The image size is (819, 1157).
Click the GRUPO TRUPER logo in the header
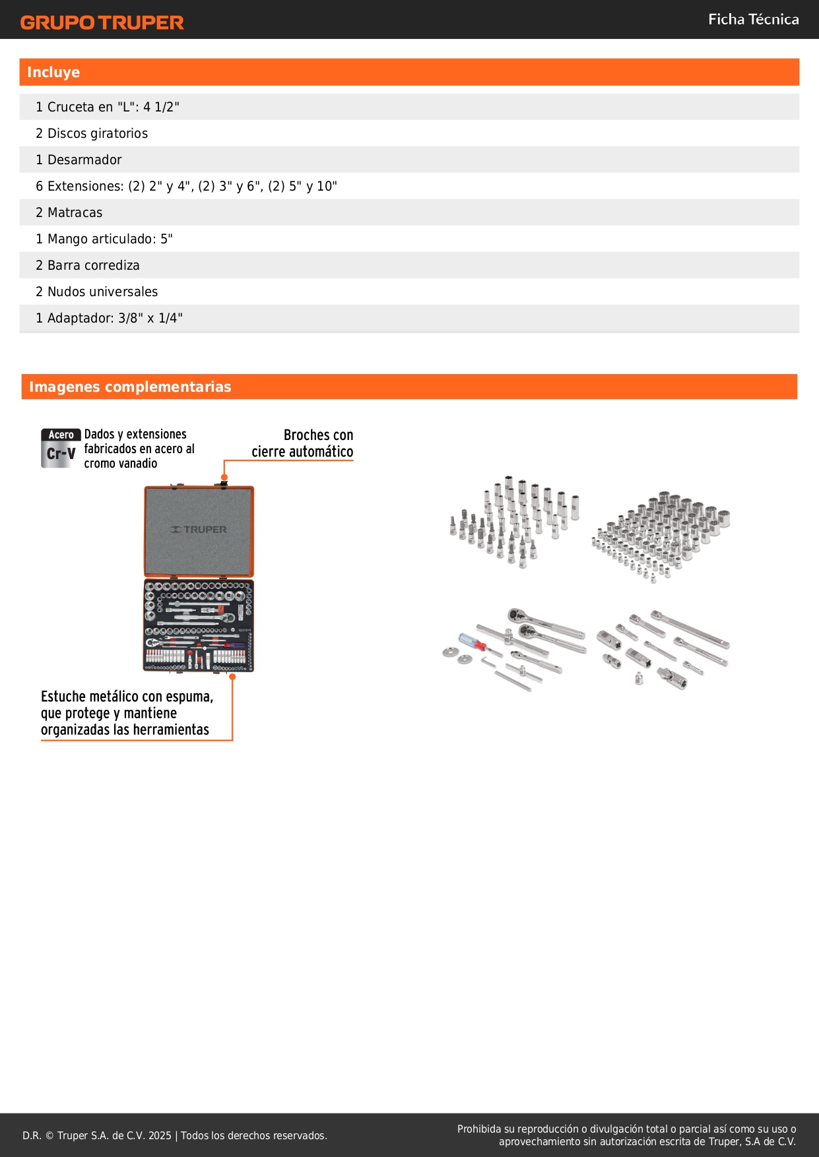tap(102, 22)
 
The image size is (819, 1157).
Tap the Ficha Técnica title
tap(753, 20)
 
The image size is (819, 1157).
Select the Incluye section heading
tap(53, 73)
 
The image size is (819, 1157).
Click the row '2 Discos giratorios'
tap(92, 133)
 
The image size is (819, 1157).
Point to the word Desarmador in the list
tap(84, 160)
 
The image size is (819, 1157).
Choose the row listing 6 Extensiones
tap(186, 186)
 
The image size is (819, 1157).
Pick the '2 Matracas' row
tap(69, 212)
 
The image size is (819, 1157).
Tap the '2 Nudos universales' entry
tap(97, 292)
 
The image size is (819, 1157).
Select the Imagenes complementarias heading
tap(130, 387)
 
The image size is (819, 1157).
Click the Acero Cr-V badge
tap(60, 449)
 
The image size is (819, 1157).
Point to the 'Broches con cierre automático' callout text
tap(303, 443)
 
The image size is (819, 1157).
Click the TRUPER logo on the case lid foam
tap(199, 530)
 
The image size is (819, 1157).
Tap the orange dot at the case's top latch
tap(224, 477)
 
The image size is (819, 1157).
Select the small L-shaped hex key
tap(488, 660)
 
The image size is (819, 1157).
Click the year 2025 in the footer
tap(160, 1136)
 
